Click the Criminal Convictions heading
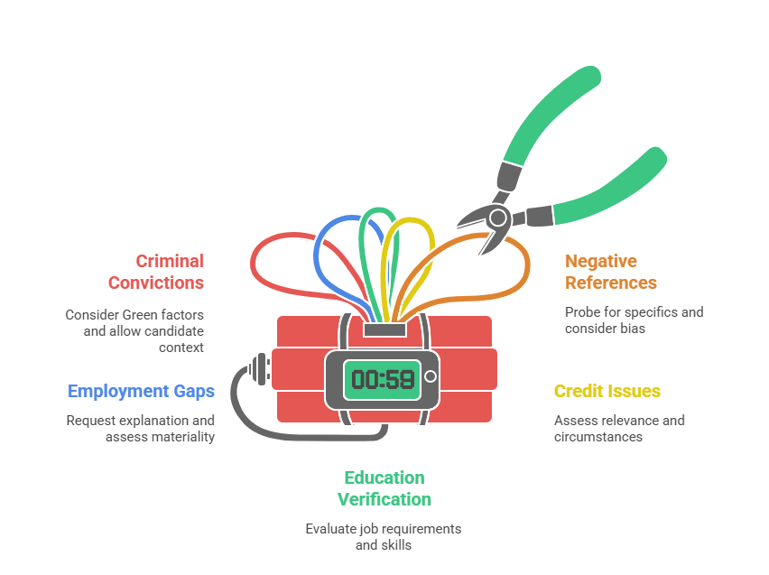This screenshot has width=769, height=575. [x=157, y=272]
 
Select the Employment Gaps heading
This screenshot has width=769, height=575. [x=141, y=392]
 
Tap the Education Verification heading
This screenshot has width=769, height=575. [x=384, y=488]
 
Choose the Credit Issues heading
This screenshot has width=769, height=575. [x=607, y=392]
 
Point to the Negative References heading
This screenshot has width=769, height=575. [x=611, y=272]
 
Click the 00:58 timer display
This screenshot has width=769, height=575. [x=383, y=377]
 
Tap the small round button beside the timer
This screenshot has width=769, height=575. [x=431, y=376]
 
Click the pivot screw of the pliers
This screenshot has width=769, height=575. [x=498, y=217]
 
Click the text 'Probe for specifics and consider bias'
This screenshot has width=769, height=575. [x=634, y=320]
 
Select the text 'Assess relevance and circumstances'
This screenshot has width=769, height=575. [x=619, y=428]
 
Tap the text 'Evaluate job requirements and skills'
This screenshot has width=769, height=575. [x=384, y=536]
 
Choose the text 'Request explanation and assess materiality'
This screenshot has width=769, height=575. [x=141, y=428]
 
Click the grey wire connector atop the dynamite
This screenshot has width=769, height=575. [x=384, y=329]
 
